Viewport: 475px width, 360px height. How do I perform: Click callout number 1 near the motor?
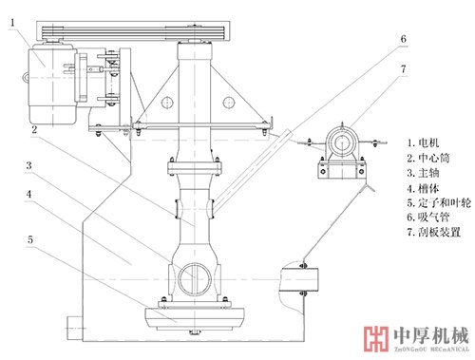(12, 23)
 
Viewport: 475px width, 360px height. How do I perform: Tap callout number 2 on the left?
(34, 129)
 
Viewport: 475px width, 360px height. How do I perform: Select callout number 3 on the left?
(28, 165)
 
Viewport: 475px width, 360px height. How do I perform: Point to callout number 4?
(28, 194)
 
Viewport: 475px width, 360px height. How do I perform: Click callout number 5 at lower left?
(30, 239)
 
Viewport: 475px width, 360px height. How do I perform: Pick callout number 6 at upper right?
(403, 39)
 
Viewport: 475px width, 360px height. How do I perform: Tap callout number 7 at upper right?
(403, 68)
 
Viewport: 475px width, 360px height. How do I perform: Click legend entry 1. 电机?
(423, 142)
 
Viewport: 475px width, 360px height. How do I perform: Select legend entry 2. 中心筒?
(428, 158)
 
